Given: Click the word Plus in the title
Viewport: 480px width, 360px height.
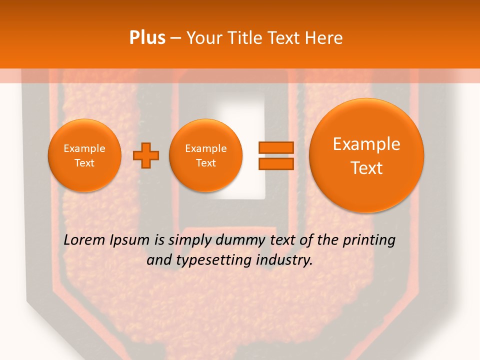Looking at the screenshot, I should pos(147,38).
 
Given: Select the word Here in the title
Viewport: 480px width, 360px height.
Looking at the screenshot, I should pos(324,38).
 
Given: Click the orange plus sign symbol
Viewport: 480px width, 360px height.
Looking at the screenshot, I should pos(146,155).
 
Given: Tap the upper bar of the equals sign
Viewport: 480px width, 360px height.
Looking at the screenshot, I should pos(275,147).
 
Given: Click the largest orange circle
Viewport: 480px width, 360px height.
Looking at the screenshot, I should pos(366,155).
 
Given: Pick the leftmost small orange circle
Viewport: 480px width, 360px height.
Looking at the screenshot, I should pos(84,155).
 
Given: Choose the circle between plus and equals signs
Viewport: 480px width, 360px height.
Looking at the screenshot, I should pos(205,155).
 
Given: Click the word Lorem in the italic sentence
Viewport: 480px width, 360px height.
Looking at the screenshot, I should pos(84,240).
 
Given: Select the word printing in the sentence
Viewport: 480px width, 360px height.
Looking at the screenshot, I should pos(369,240).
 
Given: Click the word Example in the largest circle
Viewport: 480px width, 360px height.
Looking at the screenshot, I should pos(366,144).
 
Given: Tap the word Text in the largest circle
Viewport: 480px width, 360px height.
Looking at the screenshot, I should pos(366,168).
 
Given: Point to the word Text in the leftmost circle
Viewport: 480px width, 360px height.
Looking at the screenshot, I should pos(84,163).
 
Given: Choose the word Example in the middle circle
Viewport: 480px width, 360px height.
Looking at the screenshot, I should pos(205,148).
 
